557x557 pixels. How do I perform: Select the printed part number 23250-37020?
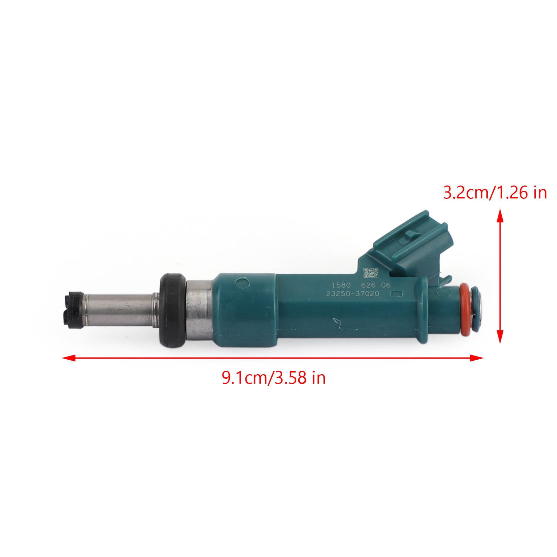[353, 294]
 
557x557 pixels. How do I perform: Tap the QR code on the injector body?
[370, 273]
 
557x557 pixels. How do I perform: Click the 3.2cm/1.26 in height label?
[495, 193]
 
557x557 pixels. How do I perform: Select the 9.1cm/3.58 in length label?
[274, 377]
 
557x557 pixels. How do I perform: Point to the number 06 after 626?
[385, 285]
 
